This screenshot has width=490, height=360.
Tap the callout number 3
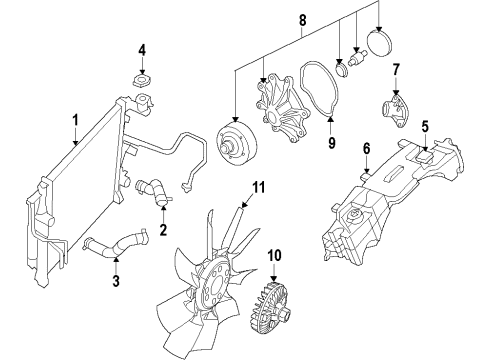(x=115, y=282)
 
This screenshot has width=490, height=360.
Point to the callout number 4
(x=142, y=49)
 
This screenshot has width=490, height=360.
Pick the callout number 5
(x=424, y=127)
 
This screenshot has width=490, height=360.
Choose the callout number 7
(x=396, y=71)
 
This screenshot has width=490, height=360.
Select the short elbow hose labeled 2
(x=151, y=189)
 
